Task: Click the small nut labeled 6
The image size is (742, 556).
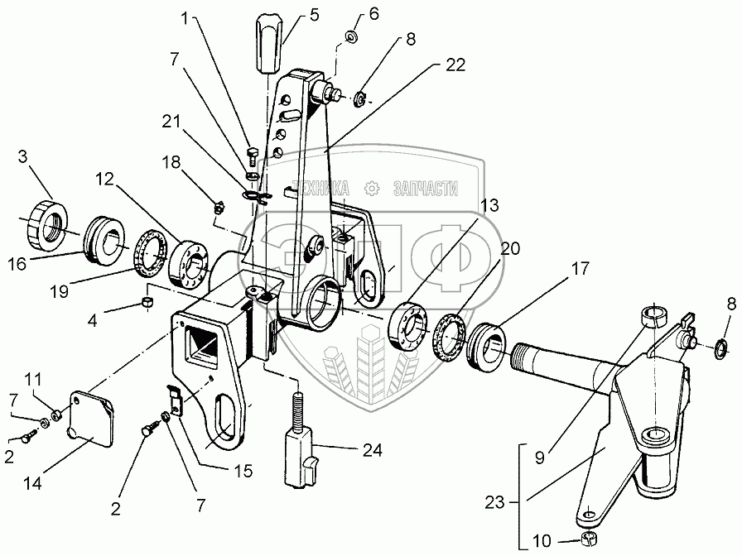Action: (x=351, y=36)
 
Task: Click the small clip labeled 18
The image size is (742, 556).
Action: (x=219, y=207)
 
